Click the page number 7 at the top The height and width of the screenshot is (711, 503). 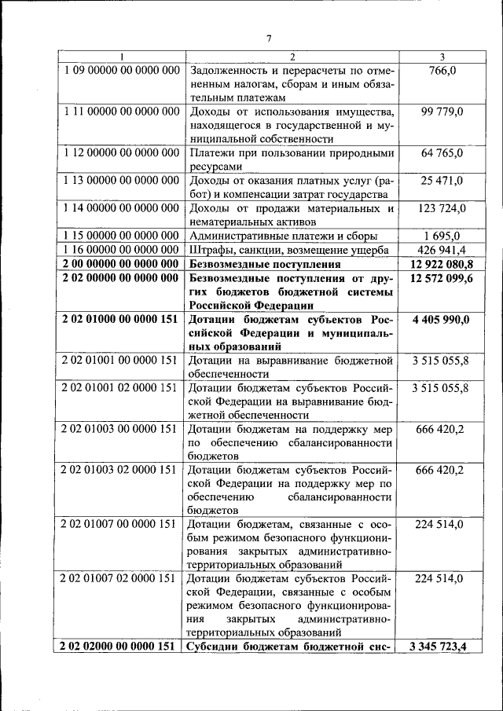click(268, 39)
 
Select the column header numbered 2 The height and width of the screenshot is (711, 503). click(292, 57)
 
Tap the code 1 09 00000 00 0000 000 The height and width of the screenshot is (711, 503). click(122, 71)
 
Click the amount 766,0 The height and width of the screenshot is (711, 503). click(442, 71)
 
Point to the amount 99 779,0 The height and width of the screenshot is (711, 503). click(442, 112)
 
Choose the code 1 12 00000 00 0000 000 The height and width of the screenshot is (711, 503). click(122, 153)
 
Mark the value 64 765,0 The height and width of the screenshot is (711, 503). click(442, 153)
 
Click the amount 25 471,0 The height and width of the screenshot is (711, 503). click(442, 181)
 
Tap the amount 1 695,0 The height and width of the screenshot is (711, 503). click(442, 236)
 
